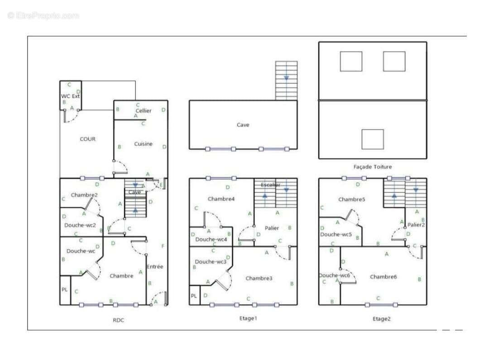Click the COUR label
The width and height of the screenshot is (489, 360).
click(87, 139)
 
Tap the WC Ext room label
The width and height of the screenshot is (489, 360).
click(70, 96)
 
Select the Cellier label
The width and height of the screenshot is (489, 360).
click(143, 110)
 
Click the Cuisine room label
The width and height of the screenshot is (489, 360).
click(143, 144)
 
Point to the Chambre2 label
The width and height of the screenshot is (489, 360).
click(84, 195)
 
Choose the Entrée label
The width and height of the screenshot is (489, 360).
click(154, 267)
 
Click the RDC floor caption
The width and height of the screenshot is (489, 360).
click(118, 320)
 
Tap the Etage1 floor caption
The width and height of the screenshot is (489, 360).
click(248, 318)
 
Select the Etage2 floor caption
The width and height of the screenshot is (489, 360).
click(381, 319)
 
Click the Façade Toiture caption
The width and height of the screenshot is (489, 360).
click(373, 167)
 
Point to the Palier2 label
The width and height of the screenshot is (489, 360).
click(416, 225)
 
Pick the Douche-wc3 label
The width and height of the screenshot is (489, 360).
click(210, 262)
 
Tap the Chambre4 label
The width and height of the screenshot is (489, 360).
click(221, 199)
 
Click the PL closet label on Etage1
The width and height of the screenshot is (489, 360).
click(194, 296)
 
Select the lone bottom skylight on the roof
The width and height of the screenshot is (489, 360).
click(373, 139)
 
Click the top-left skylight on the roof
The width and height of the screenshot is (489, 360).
click(351, 61)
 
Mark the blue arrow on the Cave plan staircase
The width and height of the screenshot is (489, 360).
click(286, 78)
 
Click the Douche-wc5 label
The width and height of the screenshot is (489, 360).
click(336, 235)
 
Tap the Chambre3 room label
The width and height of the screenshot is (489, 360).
click(259, 278)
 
